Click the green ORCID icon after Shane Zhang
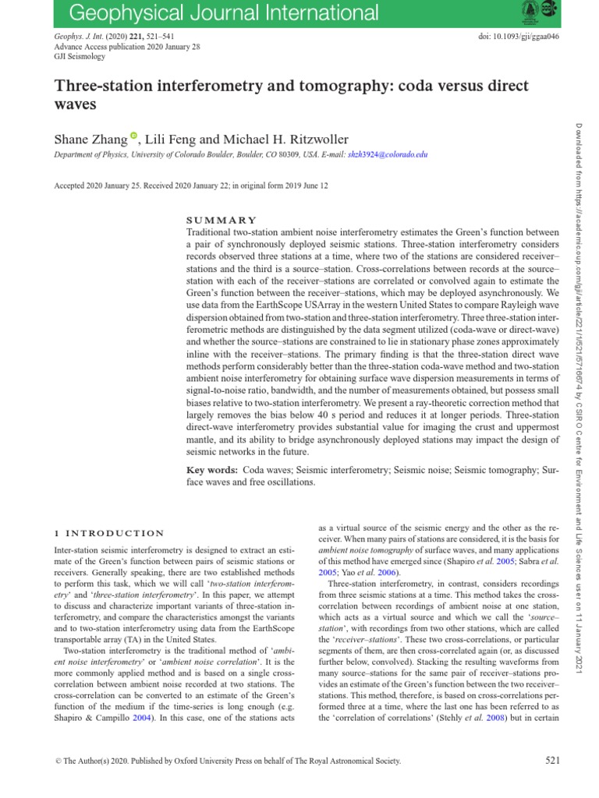pyautogui.click(x=133, y=137)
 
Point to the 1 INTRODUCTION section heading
pyautogui.click(x=108, y=533)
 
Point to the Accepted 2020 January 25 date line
pyautogui.click(x=190, y=185)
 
